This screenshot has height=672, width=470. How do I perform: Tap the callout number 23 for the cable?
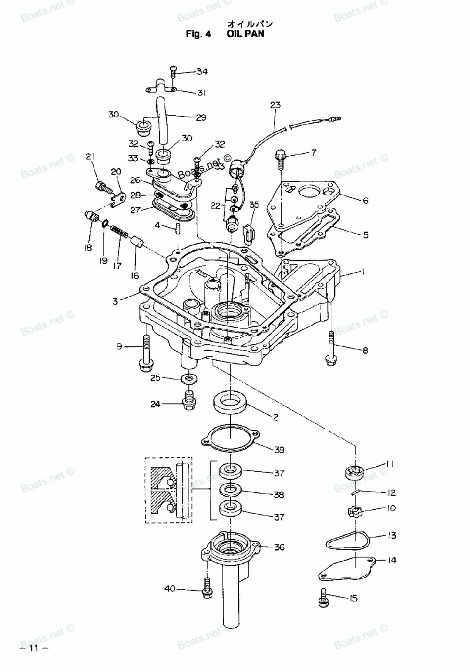[275, 105]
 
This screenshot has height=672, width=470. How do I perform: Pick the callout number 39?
[279, 450]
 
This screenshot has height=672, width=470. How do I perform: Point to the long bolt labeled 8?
[331, 348]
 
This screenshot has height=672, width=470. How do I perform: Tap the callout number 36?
[279, 547]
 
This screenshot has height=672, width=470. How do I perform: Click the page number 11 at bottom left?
[32, 648]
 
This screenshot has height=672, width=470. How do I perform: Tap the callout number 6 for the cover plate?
[365, 200]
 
